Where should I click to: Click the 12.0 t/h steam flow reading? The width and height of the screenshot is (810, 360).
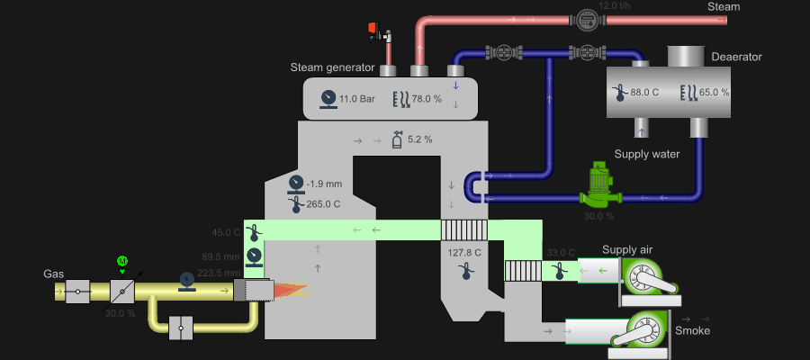pos(616,5)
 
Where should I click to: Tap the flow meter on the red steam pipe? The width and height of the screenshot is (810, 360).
pos(587,17)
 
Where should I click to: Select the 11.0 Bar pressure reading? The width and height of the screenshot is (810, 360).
pos(356,99)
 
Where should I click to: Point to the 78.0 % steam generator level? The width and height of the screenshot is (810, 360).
pos(427,99)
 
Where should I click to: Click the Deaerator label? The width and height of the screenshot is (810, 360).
pos(736,57)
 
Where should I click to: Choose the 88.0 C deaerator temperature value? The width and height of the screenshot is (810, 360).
pos(644,92)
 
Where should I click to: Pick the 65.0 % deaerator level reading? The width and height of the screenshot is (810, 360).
pos(714,92)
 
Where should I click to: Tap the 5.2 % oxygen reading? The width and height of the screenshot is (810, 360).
pos(419,139)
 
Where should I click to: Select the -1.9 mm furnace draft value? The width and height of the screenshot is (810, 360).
pos(323,184)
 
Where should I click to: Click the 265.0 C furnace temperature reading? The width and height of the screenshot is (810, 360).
pos(323,204)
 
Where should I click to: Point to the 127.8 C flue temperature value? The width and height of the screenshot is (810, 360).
pos(465,253)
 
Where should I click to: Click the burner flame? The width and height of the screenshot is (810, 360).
pos(290,290)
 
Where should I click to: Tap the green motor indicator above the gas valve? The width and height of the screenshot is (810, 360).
pos(122,261)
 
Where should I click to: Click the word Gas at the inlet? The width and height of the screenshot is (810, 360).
pos(54,273)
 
